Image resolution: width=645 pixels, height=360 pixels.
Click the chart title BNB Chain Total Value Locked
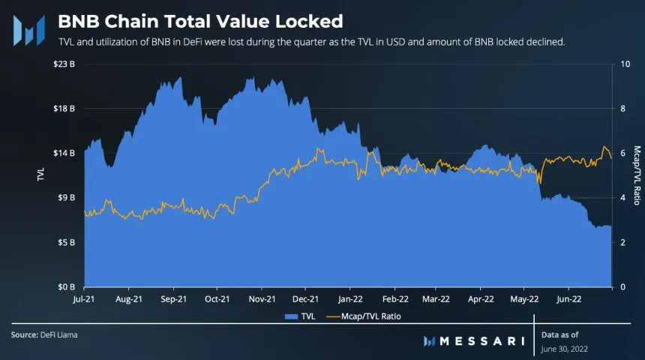(200, 20)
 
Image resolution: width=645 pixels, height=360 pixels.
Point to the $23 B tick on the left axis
(64, 64)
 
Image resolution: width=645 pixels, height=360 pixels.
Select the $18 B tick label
(64, 109)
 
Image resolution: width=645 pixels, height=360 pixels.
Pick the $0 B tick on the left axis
(65, 287)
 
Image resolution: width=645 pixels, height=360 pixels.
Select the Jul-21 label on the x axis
(85, 298)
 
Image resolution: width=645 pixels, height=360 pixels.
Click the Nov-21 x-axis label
(261, 298)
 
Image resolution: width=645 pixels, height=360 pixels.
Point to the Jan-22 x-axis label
(349, 298)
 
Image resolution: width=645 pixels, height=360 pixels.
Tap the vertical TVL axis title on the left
(40, 175)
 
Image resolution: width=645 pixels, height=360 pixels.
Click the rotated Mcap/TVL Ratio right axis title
(636, 175)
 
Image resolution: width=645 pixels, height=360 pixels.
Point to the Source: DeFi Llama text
(44, 334)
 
